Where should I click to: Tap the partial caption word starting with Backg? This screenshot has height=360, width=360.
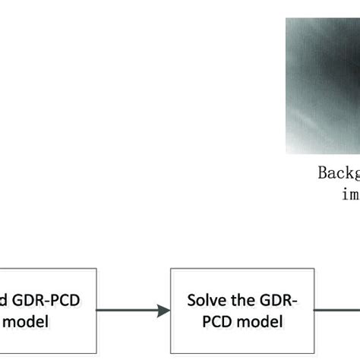coord(338,172)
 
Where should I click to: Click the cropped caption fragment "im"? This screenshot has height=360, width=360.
coord(350,194)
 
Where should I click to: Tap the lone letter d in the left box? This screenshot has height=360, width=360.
coord(7,300)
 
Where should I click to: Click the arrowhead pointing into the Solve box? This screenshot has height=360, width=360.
coord(163,310)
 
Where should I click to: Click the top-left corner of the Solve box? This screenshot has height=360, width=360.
coord(171,268)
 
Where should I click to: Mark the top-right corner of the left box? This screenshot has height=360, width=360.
coord(97,268)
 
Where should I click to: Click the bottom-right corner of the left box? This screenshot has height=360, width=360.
coord(97,352)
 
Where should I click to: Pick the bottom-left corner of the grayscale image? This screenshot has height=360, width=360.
coord(286,153)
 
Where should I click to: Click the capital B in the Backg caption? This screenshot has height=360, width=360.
coord(322,172)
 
